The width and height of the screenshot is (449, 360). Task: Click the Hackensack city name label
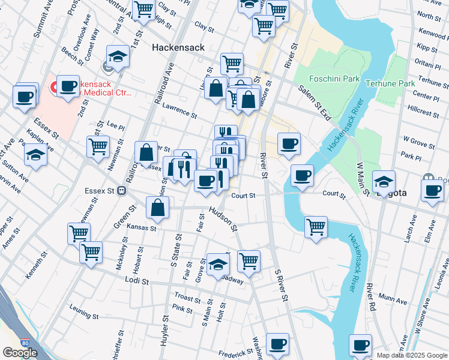pos(178,47)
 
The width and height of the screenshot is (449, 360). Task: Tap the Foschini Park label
pos(334,79)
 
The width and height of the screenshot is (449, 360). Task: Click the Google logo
pos(20,353)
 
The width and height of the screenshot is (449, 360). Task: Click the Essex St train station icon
pos(121,191)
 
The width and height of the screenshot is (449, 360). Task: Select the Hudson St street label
pos(223,220)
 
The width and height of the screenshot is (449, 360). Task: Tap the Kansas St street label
pos(142,228)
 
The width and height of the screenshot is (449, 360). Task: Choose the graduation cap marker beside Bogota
pos(384,180)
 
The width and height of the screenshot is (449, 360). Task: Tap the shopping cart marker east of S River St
pos(316,226)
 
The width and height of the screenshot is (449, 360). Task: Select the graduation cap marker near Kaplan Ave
pos(35,155)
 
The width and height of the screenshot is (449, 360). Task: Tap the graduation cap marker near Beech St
pos(118,56)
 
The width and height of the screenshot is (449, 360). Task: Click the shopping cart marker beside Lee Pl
pos(98,145)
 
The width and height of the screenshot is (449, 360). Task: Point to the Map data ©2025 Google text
pos(411,355)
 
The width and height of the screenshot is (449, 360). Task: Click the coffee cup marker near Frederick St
pos(277,343)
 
